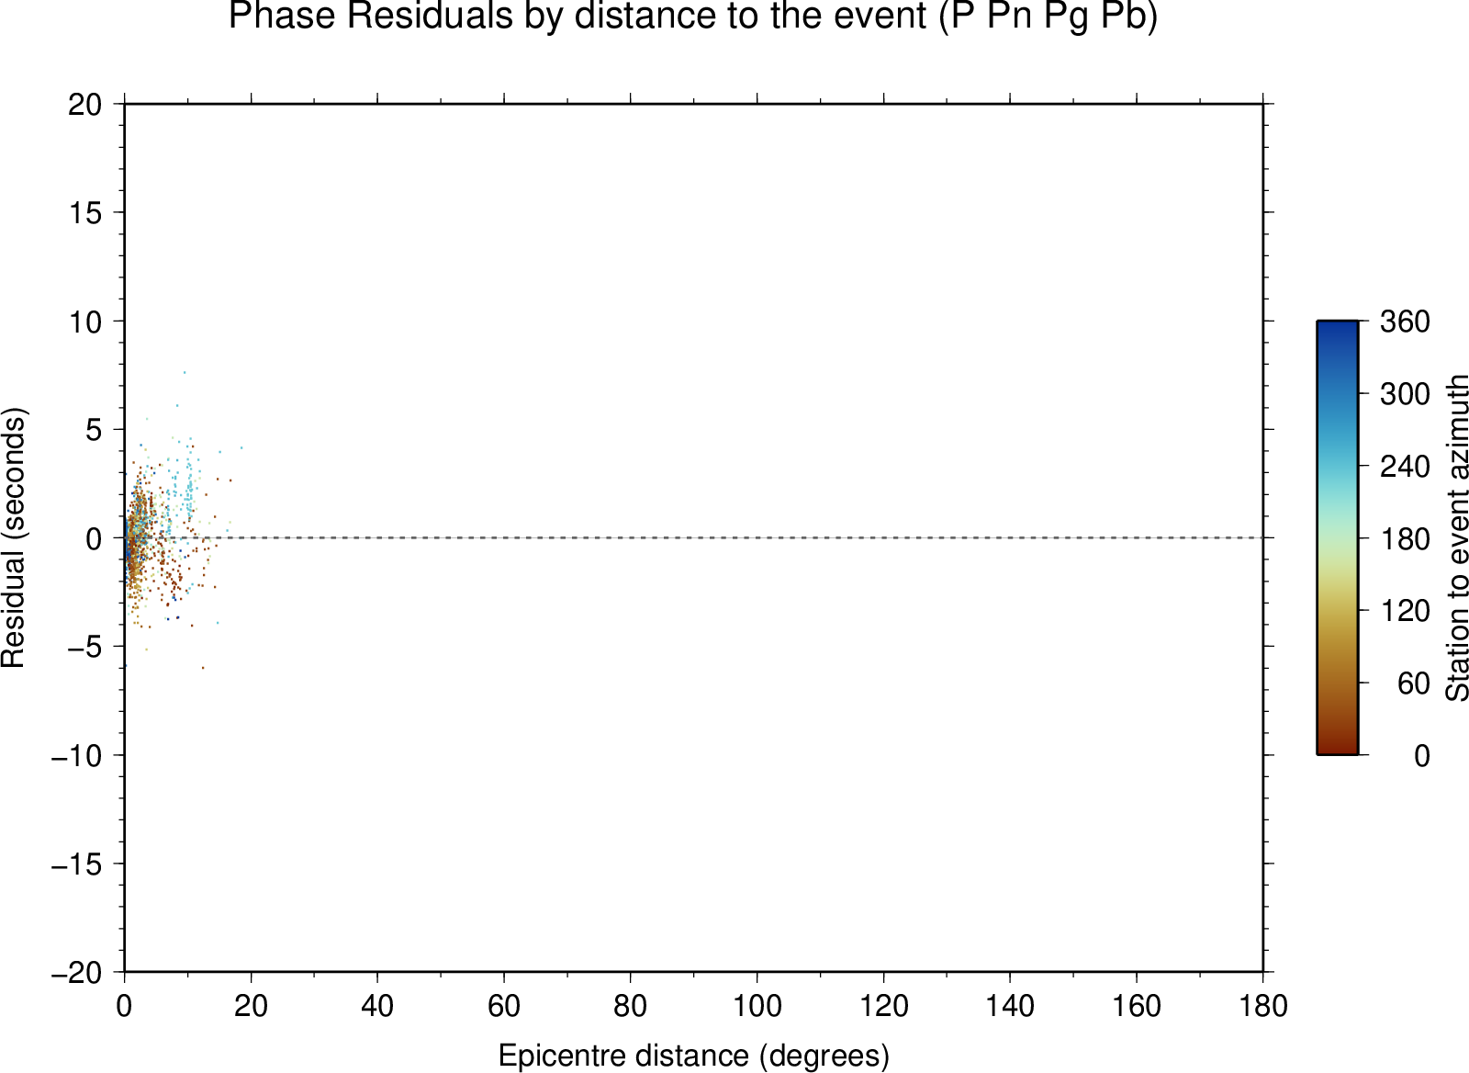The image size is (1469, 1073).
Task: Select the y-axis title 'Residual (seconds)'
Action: [14, 537]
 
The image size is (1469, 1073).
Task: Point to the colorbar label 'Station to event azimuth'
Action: [1456, 537]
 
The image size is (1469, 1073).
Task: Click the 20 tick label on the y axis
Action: [85, 105]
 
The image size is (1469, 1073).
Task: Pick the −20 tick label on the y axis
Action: [77, 972]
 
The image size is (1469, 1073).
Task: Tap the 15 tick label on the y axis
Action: [85, 212]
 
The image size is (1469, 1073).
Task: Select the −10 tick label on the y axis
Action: [77, 755]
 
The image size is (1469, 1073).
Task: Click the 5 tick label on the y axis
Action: [94, 430]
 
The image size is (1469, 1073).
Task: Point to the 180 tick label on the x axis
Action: [1263, 1006]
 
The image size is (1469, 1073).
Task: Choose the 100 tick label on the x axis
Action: [757, 1006]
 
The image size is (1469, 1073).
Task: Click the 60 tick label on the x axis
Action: [504, 1006]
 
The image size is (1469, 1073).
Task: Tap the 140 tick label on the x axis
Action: [1010, 1006]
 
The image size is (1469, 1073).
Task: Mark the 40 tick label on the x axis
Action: [377, 1006]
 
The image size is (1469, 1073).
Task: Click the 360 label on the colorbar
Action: [1405, 322]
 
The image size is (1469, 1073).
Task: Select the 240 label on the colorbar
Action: [1405, 467]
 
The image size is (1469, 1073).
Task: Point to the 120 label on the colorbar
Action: [1405, 610]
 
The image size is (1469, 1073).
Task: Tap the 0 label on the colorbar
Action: [1422, 755]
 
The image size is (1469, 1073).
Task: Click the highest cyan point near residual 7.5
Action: [185, 372]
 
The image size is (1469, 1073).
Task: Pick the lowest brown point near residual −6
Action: [203, 668]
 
